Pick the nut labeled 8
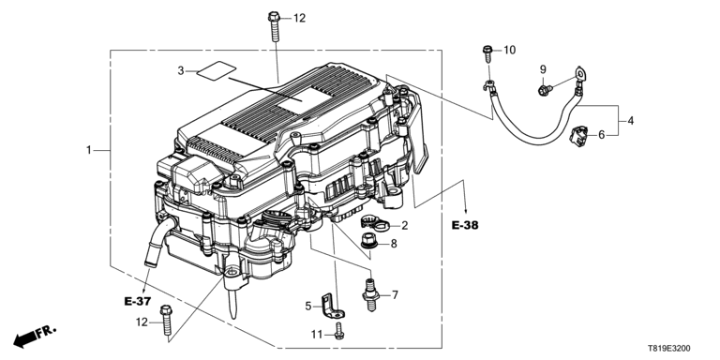(368, 242)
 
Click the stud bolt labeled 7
(370, 293)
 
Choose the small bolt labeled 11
(338, 331)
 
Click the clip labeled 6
(577, 137)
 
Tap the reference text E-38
(465, 225)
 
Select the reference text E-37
(137, 301)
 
